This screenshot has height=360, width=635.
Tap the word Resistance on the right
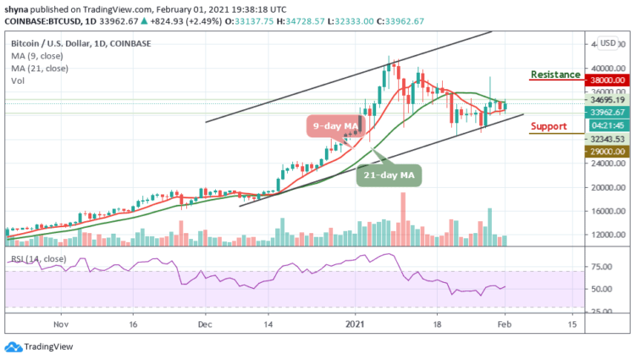point(555,75)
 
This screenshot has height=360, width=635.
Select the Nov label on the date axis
point(60,324)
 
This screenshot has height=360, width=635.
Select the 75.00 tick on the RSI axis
point(605,266)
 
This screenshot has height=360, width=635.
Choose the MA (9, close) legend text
point(36,54)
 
